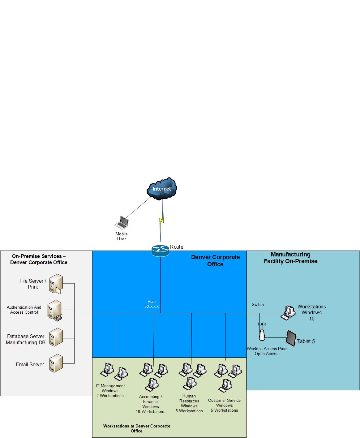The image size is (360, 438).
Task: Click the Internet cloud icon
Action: pyautogui.click(x=162, y=188)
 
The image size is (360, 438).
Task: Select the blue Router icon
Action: pyautogui.click(x=160, y=250)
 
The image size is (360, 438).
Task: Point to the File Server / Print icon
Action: pyautogui.click(x=56, y=284)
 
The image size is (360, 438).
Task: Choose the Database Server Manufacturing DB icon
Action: pyautogui.click(x=56, y=337)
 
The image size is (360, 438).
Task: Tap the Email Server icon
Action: pyautogui.click(x=56, y=363)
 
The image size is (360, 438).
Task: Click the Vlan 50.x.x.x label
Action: pyautogui.click(x=152, y=304)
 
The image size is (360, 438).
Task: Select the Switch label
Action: pyautogui.click(x=258, y=304)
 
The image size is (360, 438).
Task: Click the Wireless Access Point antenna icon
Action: pyautogui.click(x=262, y=331)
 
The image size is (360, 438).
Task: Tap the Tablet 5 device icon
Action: pyautogui.click(x=291, y=338)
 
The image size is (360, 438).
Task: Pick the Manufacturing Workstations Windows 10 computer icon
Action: pyautogui.click(x=288, y=312)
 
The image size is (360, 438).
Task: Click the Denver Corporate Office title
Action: pyautogui.click(x=215, y=260)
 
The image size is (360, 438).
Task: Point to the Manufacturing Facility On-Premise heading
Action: pyautogui.click(x=290, y=258)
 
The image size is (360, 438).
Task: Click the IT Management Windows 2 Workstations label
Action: pyautogui.click(x=110, y=391)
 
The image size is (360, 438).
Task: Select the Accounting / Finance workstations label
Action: pyautogui.click(x=151, y=404)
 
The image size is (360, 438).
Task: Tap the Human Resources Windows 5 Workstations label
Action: pyautogui.click(x=189, y=403)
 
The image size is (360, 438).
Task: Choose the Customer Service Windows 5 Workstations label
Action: pyautogui.click(x=224, y=405)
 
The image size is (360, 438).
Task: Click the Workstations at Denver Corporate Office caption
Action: pyautogui.click(x=137, y=428)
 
